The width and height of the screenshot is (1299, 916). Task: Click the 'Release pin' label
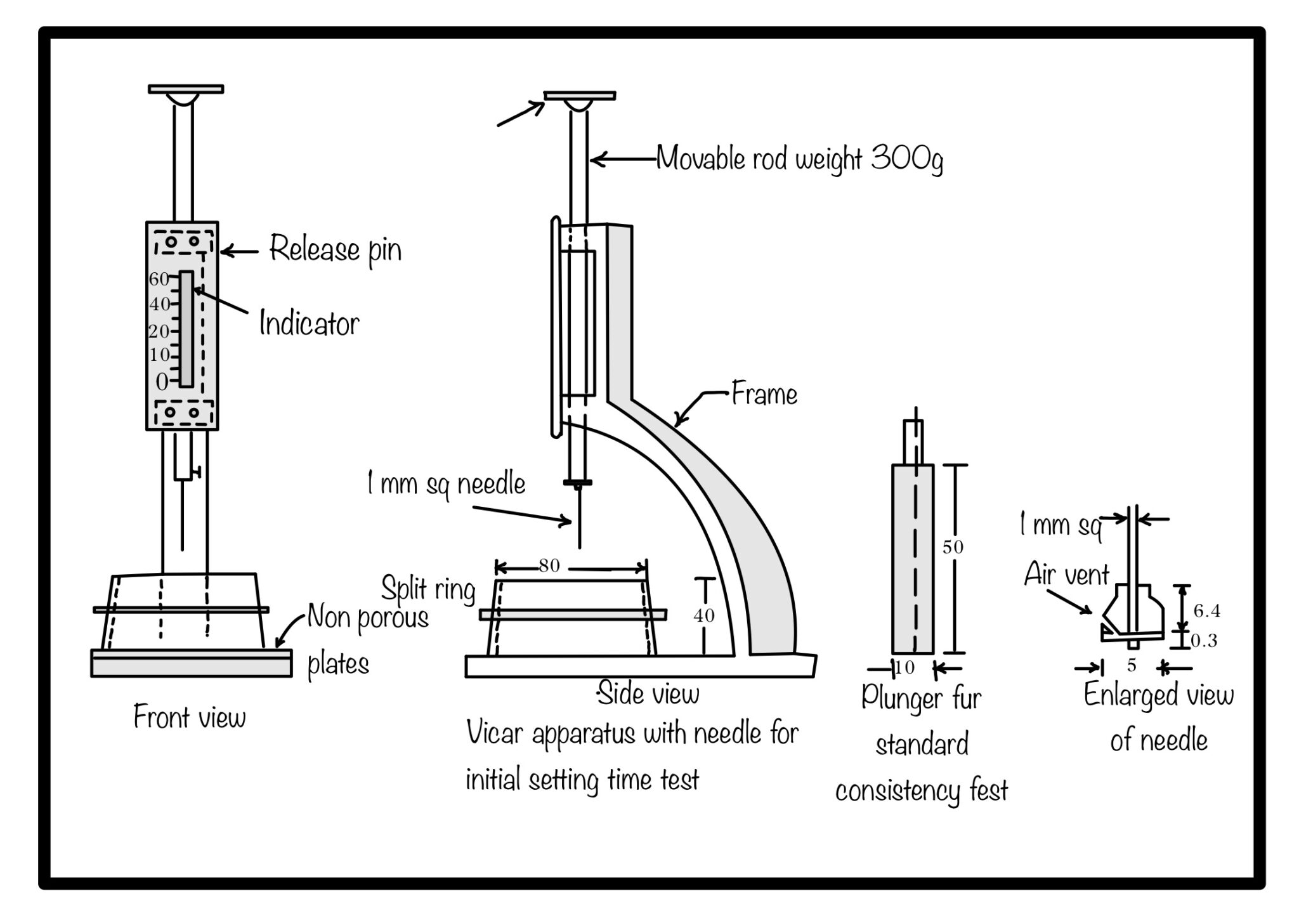tap(335, 249)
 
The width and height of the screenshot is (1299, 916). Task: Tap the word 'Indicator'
tap(309, 324)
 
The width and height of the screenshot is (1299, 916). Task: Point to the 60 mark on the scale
tap(159, 279)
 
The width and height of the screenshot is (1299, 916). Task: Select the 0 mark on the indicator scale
tap(162, 382)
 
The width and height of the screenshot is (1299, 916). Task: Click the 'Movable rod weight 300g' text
tap(799, 159)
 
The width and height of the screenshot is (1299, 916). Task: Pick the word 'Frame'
tap(764, 395)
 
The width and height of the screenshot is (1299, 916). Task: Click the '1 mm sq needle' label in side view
tap(446, 484)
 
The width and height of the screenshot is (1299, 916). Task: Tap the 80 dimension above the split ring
tap(549, 565)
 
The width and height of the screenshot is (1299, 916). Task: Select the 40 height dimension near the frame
tap(703, 615)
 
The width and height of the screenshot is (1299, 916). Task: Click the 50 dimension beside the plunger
tap(953, 547)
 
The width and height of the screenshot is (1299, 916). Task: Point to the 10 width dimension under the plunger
tap(904, 667)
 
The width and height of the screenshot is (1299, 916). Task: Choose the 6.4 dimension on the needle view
tap(1206, 611)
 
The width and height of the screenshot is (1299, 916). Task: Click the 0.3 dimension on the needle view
tap(1204, 641)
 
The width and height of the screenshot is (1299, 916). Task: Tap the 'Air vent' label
tap(1066, 575)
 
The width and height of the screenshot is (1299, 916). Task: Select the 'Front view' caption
tap(189, 717)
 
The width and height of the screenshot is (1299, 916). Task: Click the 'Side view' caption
tap(648, 693)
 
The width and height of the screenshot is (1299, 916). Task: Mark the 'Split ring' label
tap(428, 589)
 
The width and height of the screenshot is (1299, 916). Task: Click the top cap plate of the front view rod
tap(186, 89)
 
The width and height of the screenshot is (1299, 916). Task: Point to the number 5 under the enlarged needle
tap(1131, 666)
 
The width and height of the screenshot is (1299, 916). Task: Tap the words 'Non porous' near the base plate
tap(368, 618)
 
